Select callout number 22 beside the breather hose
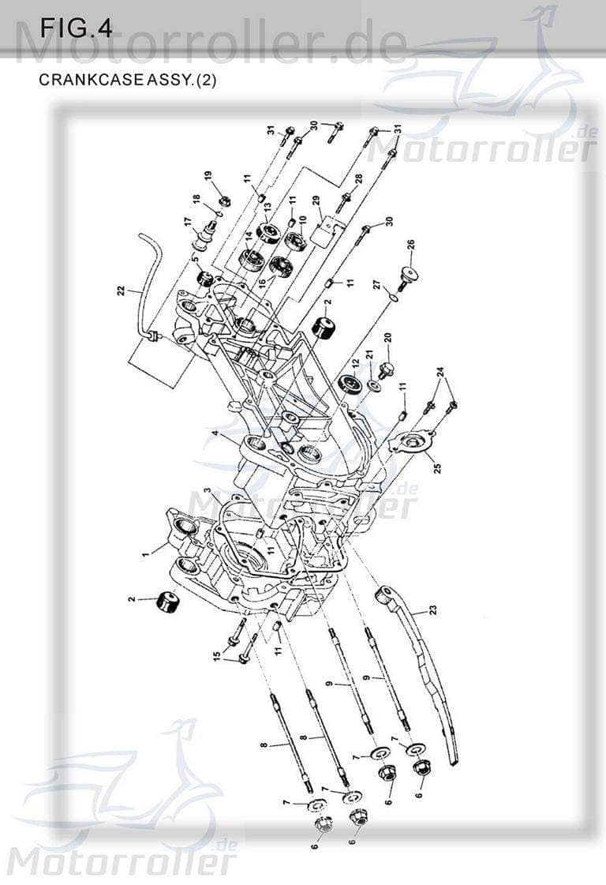(121, 291)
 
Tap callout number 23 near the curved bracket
(432, 609)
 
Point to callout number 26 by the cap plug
(410, 245)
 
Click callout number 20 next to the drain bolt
(387, 338)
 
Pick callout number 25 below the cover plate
(436, 467)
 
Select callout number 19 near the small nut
(208, 175)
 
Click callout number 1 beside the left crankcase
(145, 554)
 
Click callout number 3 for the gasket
(206, 491)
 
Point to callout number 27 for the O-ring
(376, 283)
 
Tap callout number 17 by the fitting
(188, 222)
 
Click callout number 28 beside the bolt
(358, 181)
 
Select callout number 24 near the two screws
(441, 370)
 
